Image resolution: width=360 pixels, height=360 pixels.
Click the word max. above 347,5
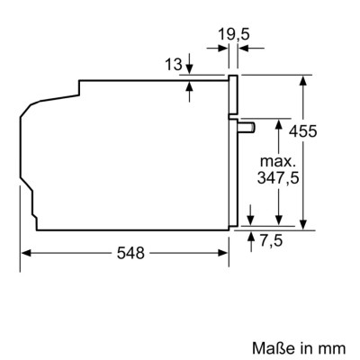tap(279, 160)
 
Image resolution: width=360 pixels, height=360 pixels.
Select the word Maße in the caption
tap(267, 345)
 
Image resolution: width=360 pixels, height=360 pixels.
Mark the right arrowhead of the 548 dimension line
tap(227, 253)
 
